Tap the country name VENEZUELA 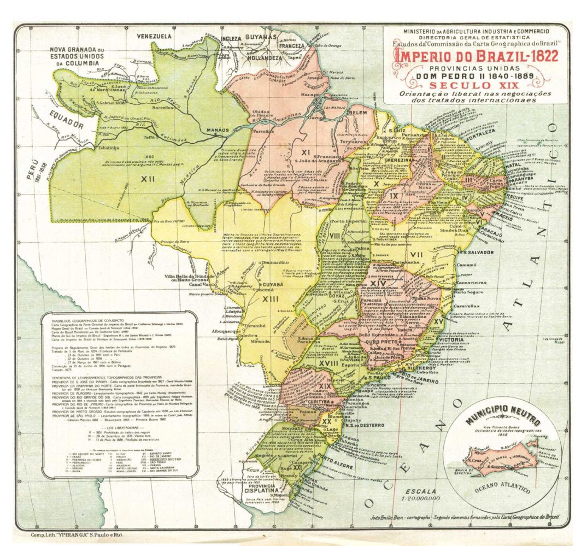154,36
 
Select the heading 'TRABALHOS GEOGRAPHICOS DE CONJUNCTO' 87,319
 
